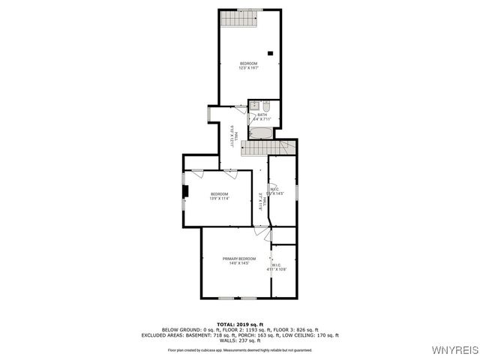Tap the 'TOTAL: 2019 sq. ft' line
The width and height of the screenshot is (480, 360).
click(239, 324)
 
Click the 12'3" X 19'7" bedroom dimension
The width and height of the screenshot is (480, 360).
click(248, 67)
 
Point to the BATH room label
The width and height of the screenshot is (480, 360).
click(262, 115)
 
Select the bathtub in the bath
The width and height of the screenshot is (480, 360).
click(262, 133)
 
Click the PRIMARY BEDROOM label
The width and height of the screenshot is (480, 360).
click(239, 259)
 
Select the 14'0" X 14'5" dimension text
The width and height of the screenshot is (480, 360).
click(239, 263)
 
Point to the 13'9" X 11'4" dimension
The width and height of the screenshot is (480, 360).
click(219, 199)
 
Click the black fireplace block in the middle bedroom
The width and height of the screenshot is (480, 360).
click(186, 191)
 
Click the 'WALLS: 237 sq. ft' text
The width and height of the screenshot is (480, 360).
click(239, 340)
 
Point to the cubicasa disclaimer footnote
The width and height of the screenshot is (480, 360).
click(239, 349)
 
